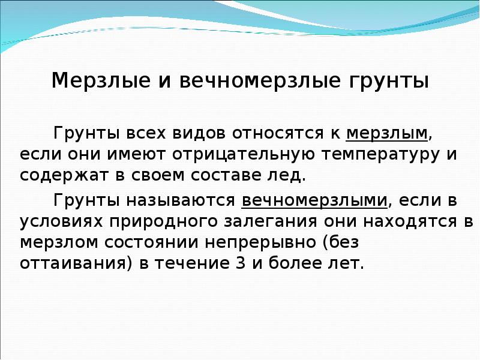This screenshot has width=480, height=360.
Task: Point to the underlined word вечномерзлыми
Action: [313, 199]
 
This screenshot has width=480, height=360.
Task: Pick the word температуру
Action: [374, 155]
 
